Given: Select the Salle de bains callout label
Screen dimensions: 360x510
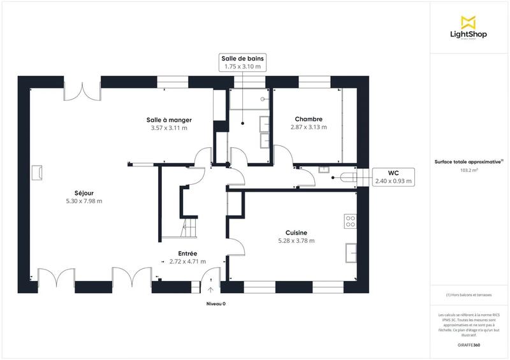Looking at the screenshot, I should pyautogui.click(x=242, y=62).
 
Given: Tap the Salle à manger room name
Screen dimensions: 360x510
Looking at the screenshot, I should pyautogui.click(x=169, y=120).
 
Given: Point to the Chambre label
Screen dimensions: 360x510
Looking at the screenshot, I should pyautogui.click(x=308, y=119).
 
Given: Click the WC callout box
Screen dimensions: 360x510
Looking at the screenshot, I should pyautogui.click(x=393, y=176).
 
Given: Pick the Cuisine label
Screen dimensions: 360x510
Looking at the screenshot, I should pyautogui.click(x=296, y=233).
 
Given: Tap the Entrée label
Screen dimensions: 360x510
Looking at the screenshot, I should pyautogui.click(x=187, y=253).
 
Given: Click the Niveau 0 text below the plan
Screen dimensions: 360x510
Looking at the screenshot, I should pyautogui.click(x=215, y=304).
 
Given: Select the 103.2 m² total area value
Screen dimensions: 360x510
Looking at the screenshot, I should pyautogui.click(x=469, y=170).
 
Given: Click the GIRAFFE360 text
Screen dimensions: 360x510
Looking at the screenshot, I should pyautogui.click(x=469, y=343).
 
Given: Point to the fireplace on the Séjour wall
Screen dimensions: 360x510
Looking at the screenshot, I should pyautogui.click(x=38, y=172).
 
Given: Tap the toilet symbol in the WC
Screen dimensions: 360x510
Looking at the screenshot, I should pyautogui.click(x=347, y=176).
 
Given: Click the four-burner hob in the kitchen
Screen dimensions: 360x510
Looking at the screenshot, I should pyautogui.click(x=350, y=221).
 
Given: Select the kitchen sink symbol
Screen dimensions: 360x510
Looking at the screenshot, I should pyautogui.click(x=351, y=253).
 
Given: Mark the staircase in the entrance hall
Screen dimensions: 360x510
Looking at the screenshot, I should pyautogui.click(x=191, y=228).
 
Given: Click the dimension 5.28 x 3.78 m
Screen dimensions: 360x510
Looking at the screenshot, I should pyautogui.click(x=296, y=241).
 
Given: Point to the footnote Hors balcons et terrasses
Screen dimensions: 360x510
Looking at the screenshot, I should pyautogui.click(x=469, y=295).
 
